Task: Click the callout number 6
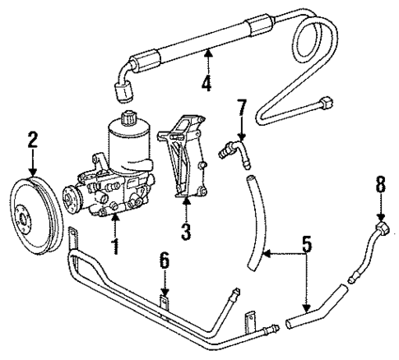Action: click(164, 262)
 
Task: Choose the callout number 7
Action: click(240, 107)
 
